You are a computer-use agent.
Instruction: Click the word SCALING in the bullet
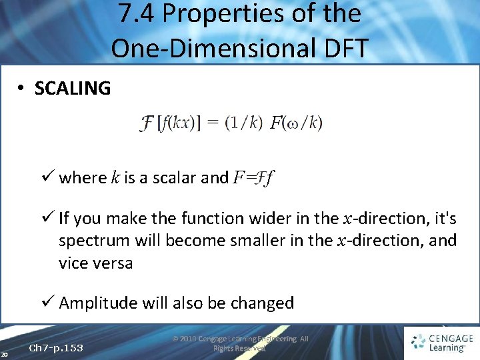tap(72, 88)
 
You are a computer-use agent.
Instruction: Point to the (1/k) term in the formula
tap(243, 123)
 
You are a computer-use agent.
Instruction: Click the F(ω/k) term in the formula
tap(296, 123)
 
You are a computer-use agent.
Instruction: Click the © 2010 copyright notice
tap(240, 343)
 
